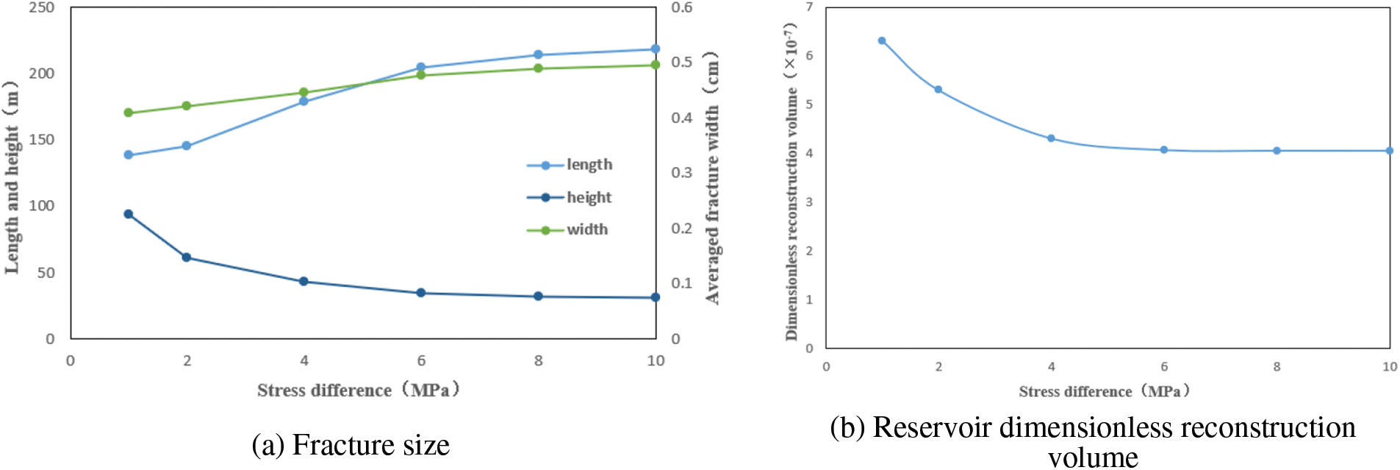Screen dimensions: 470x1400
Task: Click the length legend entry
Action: point(570,165)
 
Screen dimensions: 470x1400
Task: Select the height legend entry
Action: point(570,197)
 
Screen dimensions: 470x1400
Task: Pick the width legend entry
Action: point(568,229)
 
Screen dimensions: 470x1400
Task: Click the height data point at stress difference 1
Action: point(129,214)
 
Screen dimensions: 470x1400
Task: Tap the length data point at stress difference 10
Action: point(656,49)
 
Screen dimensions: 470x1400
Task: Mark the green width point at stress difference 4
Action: point(304,93)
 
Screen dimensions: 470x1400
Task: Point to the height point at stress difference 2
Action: point(187,257)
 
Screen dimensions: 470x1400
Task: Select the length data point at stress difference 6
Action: point(421,68)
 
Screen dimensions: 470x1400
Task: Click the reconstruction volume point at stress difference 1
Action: point(882,41)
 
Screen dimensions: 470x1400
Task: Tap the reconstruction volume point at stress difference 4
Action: point(1051,138)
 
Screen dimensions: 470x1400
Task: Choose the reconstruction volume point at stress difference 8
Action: point(1277,151)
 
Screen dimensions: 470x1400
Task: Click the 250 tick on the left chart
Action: point(42,7)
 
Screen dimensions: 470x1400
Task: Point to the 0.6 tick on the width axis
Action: point(682,7)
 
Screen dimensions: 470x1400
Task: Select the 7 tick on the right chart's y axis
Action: point(809,7)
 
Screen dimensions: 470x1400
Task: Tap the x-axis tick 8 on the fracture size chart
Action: point(539,360)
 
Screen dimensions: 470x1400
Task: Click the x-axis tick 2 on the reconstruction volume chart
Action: point(938,366)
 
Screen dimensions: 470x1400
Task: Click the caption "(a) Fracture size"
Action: point(351,445)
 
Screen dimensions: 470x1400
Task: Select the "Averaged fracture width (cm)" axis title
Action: point(712,177)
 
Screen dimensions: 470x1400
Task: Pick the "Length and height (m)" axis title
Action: point(12,177)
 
